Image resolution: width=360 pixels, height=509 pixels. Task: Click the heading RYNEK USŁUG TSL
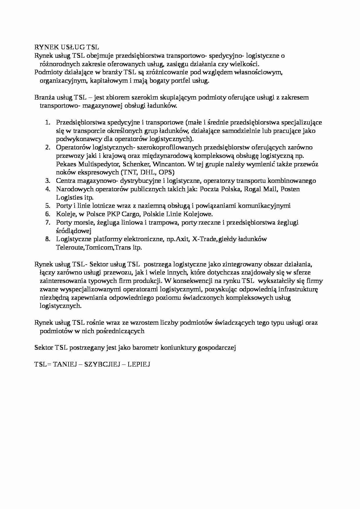coord(66,47)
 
